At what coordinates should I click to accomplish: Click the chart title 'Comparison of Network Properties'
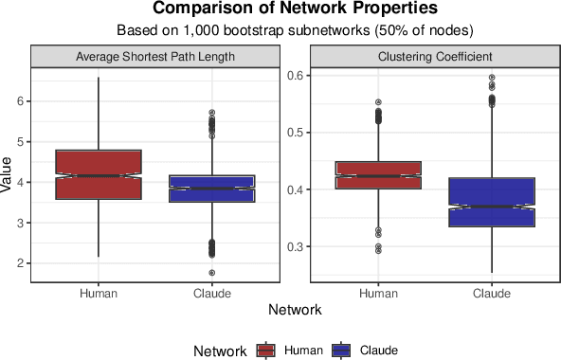click(x=280, y=9)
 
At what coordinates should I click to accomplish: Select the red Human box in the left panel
click(x=99, y=174)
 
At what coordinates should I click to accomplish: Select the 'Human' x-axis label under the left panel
click(x=99, y=293)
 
